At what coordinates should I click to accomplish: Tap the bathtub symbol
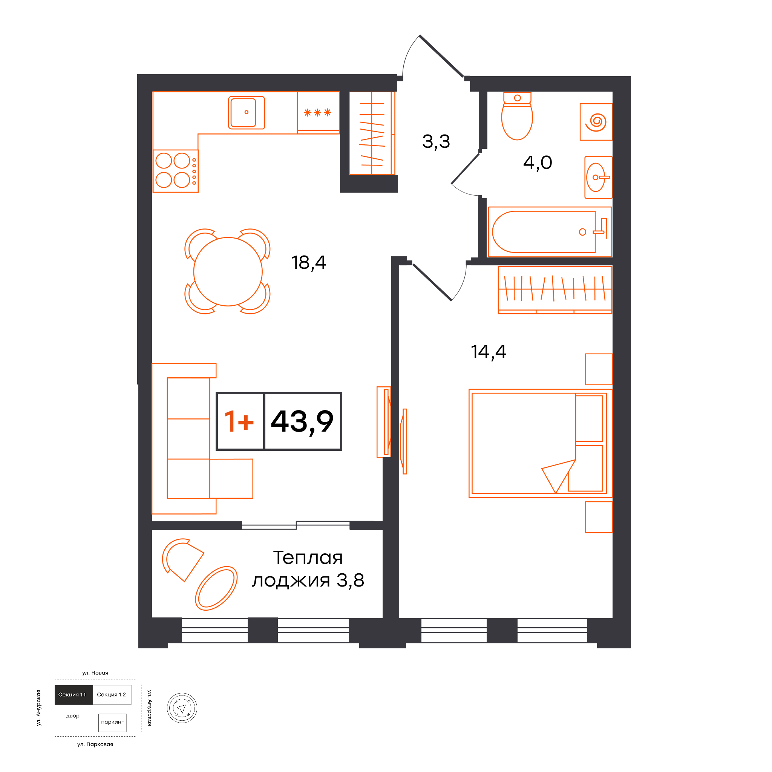click(550, 232)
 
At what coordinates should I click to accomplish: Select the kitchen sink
click(246, 113)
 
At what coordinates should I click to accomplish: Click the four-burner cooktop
click(175, 171)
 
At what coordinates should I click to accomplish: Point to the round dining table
click(228, 272)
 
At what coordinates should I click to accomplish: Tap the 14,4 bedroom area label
click(488, 352)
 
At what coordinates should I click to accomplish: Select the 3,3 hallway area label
click(436, 141)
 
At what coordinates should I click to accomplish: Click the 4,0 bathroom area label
click(538, 162)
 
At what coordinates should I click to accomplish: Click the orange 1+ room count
click(239, 421)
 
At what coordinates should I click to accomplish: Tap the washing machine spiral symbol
click(596, 122)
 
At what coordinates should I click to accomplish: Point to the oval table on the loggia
click(216, 588)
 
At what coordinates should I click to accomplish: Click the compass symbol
click(182, 708)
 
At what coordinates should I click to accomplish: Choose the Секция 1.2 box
click(112, 694)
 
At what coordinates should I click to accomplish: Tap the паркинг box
click(112, 722)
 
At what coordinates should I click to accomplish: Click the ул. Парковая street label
click(95, 744)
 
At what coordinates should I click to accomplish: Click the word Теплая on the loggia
click(308, 558)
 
